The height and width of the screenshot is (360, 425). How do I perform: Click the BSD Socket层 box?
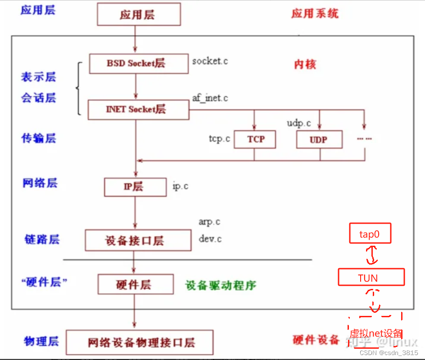tap(139, 63)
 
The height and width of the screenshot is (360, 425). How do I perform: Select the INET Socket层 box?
tap(138, 109)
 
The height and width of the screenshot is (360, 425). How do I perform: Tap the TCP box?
tap(255, 139)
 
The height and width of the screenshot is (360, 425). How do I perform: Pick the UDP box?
tap(319, 139)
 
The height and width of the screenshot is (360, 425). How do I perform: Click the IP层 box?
tap(135, 187)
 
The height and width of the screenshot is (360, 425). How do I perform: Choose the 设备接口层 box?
tap(138, 240)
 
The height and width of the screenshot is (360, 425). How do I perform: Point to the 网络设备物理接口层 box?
tap(140, 342)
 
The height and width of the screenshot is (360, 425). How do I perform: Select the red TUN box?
tap(371, 278)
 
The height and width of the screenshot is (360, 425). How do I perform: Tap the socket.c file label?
tap(210, 61)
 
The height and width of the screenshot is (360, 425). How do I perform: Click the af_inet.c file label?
tap(210, 98)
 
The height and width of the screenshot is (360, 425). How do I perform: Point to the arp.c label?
tap(209, 222)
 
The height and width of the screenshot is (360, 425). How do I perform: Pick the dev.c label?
tap(210, 239)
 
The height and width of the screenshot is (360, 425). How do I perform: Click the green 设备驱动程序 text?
tap(221, 285)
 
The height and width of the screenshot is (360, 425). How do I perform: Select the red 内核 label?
tap(305, 64)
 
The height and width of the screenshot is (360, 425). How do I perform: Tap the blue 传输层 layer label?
tap(38, 138)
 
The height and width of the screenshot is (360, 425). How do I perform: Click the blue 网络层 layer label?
tap(40, 183)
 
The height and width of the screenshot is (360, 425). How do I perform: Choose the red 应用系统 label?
tap(315, 13)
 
